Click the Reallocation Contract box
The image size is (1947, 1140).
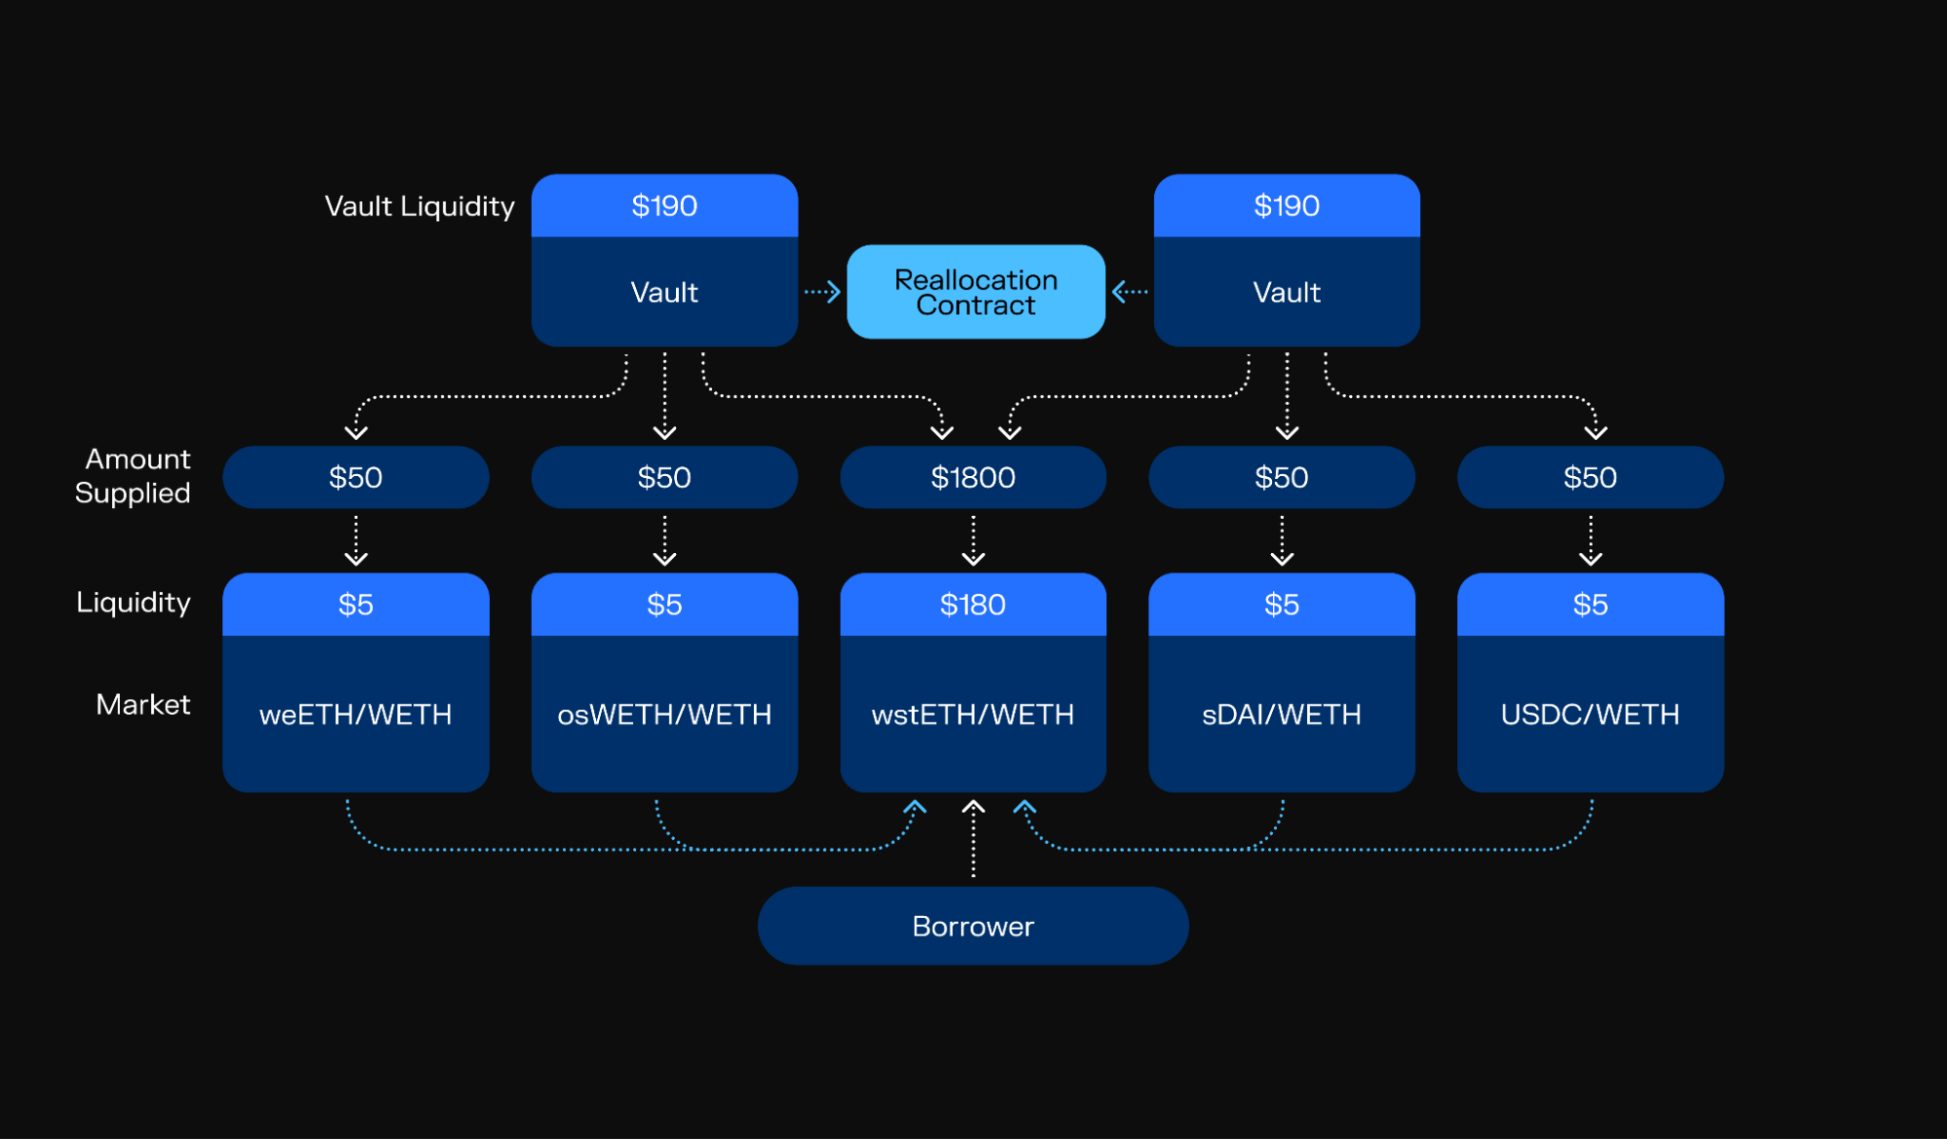(x=975, y=292)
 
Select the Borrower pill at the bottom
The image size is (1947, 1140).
(x=972, y=926)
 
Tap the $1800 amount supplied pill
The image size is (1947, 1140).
(x=972, y=477)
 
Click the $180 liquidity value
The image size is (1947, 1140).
(x=972, y=605)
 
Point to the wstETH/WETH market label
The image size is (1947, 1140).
(x=972, y=715)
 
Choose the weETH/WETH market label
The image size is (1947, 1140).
(x=356, y=715)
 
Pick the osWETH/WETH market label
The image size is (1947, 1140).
(x=664, y=715)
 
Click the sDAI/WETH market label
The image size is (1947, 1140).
(x=1281, y=715)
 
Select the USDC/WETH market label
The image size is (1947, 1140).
(x=1590, y=715)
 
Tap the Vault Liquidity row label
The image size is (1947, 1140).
(x=419, y=206)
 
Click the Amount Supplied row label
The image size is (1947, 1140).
(x=134, y=476)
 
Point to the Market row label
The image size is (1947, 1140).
(x=143, y=704)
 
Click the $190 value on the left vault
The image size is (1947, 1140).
(x=664, y=205)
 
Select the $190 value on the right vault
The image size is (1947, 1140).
(x=1286, y=205)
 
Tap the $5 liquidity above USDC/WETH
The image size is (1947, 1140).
(x=1590, y=605)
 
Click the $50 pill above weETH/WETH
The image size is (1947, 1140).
(x=356, y=477)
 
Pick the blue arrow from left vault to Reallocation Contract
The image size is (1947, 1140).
(x=822, y=291)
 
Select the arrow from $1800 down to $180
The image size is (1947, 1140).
(x=972, y=540)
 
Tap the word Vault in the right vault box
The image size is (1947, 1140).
(x=1286, y=292)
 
